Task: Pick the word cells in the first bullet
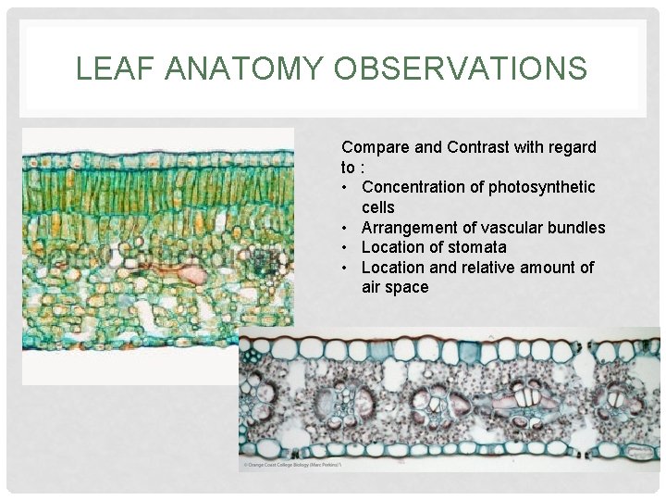tap(378, 207)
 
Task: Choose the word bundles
tap(577, 228)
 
